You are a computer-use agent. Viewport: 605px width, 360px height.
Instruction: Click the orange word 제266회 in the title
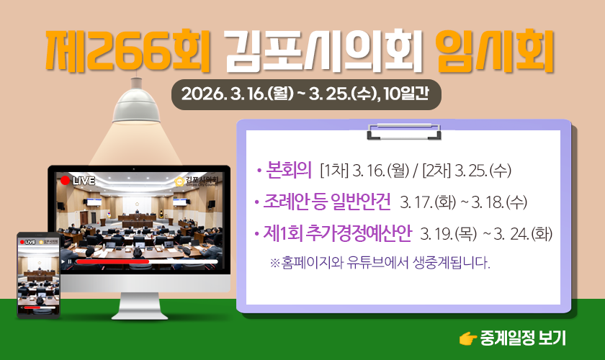pyautogui.click(x=127, y=50)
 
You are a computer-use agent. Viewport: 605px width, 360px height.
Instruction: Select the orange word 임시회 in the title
pyautogui.click(x=495, y=50)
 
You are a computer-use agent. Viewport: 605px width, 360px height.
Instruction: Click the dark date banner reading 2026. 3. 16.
pyautogui.click(x=306, y=94)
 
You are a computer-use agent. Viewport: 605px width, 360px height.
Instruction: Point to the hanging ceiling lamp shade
pyautogui.click(x=136, y=105)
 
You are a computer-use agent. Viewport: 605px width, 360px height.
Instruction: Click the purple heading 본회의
pyautogui.click(x=289, y=170)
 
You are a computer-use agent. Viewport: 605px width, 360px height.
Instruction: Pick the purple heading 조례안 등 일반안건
pyautogui.click(x=326, y=202)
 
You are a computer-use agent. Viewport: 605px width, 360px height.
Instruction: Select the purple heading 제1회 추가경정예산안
pyautogui.click(x=337, y=233)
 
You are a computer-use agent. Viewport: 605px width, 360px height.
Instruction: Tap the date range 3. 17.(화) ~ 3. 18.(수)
pyautogui.click(x=463, y=202)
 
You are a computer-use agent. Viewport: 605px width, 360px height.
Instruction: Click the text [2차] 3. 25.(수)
pyautogui.click(x=467, y=171)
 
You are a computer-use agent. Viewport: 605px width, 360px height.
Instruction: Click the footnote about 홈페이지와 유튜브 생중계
pyautogui.click(x=380, y=263)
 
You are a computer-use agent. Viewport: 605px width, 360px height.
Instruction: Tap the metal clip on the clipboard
pyautogui.click(x=404, y=132)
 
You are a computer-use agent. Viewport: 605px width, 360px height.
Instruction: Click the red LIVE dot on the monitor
pyautogui.click(x=66, y=181)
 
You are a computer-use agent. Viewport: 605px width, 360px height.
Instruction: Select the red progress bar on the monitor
pyautogui.click(x=112, y=261)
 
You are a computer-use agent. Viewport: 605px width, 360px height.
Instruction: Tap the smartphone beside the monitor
pyautogui.click(x=38, y=275)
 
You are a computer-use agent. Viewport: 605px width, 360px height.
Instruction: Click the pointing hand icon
pyautogui.click(x=468, y=339)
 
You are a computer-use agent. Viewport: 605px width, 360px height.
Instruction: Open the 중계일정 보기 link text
pyautogui.click(x=523, y=338)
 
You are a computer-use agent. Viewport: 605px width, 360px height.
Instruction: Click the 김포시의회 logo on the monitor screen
pyautogui.click(x=197, y=181)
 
